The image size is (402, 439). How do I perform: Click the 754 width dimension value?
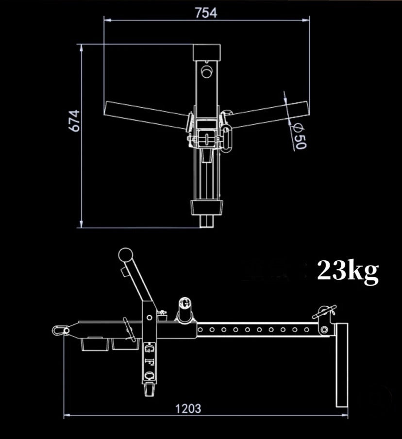(206, 13)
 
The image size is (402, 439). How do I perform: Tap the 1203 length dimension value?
(188, 408)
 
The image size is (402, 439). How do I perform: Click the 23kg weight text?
(347, 272)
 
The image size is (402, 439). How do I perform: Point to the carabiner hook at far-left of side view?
(60, 330)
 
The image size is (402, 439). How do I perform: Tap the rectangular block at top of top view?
(207, 52)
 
